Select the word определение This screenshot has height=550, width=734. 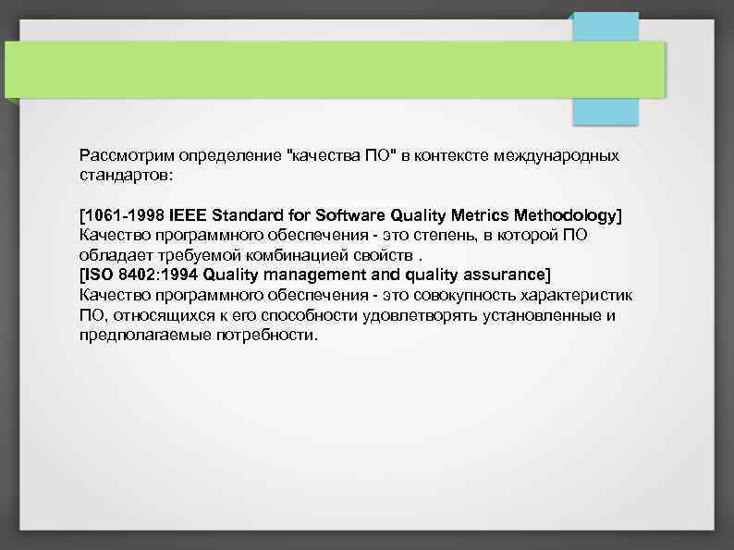pyautogui.click(x=227, y=155)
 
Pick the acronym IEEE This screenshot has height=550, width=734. pyautogui.click(x=189, y=215)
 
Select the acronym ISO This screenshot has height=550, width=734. pyautogui.click(x=99, y=275)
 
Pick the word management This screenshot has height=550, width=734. pyautogui.click(x=311, y=275)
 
